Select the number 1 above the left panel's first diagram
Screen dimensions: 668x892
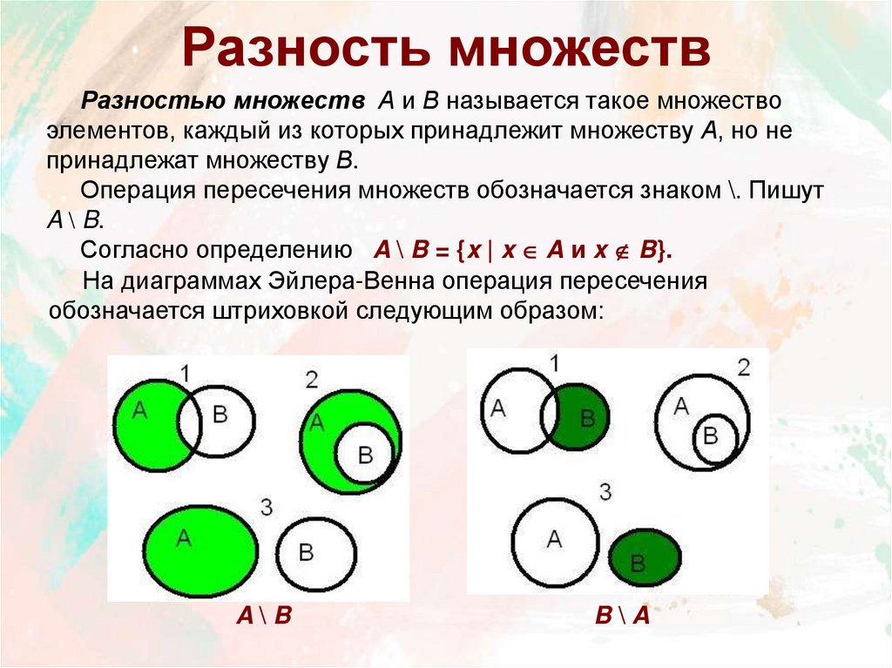point(185,374)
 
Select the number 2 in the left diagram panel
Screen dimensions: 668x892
point(312,379)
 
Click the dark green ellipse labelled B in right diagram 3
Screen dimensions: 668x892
point(645,558)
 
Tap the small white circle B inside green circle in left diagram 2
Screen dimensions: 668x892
point(365,455)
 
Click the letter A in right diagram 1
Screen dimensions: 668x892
point(498,407)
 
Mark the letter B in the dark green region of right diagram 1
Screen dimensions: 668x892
point(587,416)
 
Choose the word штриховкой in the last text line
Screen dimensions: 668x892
point(280,310)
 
